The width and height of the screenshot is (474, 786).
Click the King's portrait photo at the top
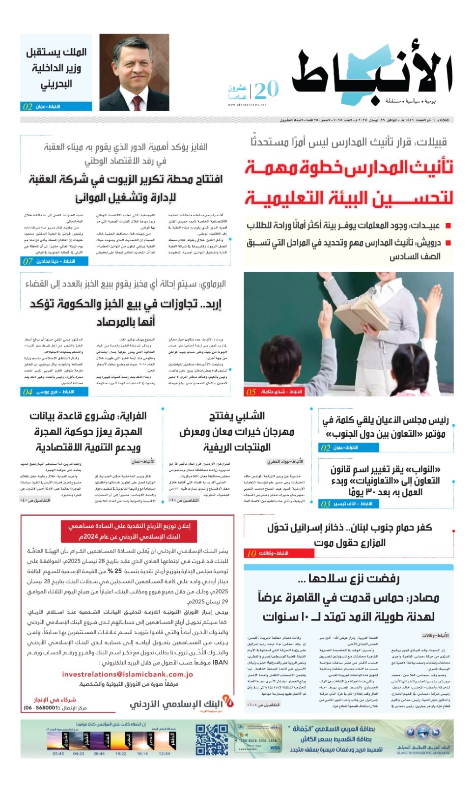[127, 72]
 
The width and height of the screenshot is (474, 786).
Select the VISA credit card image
[258, 740]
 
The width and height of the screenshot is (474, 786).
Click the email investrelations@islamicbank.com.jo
[127, 674]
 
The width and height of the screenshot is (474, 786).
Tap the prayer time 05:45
[58, 753]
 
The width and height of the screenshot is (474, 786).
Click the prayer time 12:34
[164, 753]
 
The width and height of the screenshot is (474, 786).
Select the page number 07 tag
[28, 261]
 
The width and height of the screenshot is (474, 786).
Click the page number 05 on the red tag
[251, 392]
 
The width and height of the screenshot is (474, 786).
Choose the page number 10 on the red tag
[251, 553]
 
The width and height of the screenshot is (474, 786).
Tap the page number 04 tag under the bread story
[28, 392]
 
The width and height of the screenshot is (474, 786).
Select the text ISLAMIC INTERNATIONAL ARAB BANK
[422, 753]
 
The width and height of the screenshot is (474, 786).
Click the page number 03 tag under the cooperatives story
[325, 504]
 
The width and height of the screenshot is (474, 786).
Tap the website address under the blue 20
[247, 105]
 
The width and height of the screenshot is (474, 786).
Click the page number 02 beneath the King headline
[28, 106]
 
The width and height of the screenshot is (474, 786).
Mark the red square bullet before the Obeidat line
[447, 225]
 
